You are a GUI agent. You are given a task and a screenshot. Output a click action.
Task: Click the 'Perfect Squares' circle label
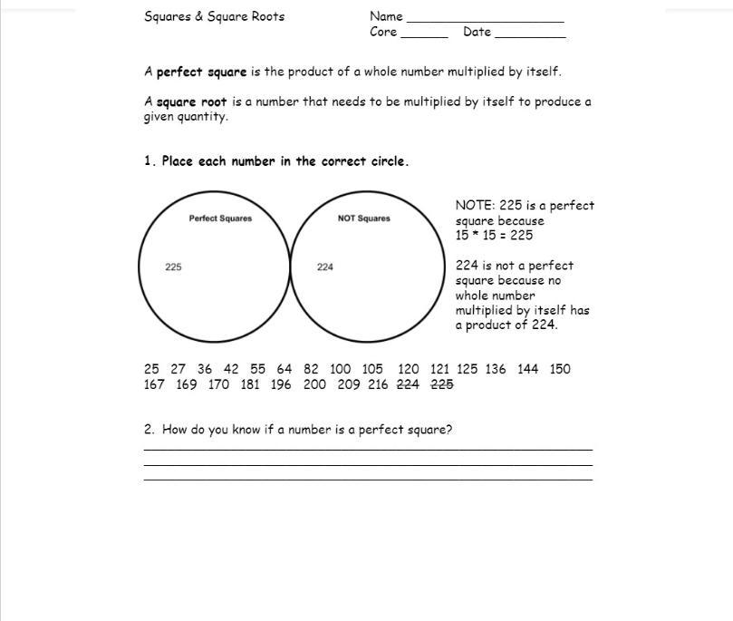(x=220, y=218)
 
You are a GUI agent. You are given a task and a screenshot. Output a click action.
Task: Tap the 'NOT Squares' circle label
(x=363, y=218)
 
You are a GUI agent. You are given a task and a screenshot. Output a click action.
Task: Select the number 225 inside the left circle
(x=173, y=267)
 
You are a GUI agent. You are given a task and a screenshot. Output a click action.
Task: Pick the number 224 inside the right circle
(x=325, y=267)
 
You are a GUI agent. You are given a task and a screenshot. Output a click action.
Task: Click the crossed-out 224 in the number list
(x=408, y=384)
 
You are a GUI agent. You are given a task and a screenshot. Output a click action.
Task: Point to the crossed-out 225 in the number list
(x=441, y=384)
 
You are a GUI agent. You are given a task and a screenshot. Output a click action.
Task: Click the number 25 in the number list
(x=151, y=369)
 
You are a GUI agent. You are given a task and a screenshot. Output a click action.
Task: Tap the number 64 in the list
(x=285, y=369)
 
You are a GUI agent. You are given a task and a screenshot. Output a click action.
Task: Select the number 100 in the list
(x=340, y=369)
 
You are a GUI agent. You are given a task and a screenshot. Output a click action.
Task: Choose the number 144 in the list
(x=528, y=369)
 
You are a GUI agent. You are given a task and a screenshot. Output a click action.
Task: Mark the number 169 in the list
(x=187, y=384)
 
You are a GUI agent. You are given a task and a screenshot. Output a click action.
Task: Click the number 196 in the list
(x=281, y=384)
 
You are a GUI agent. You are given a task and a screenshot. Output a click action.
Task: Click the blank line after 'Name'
(x=485, y=18)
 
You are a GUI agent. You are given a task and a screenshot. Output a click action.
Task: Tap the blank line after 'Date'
(x=530, y=34)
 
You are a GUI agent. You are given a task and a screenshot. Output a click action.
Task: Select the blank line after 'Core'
(x=424, y=34)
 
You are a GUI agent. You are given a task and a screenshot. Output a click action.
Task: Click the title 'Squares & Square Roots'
(x=214, y=16)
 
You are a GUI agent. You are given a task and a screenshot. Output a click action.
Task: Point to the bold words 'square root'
(x=191, y=102)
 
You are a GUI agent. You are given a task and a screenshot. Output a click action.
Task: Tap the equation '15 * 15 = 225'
(x=494, y=236)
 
